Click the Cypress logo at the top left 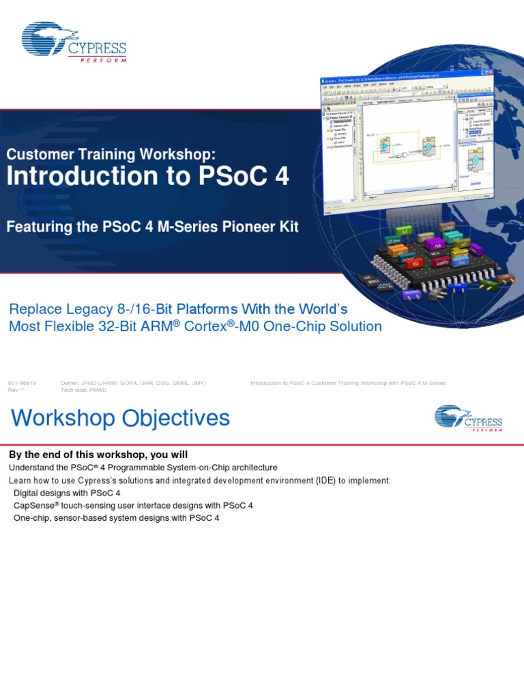click(x=74, y=46)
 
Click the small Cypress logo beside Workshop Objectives click(x=468, y=418)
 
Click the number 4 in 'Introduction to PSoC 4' click(x=282, y=176)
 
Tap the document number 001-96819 click(x=22, y=383)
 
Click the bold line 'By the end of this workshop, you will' click(x=98, y=455)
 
